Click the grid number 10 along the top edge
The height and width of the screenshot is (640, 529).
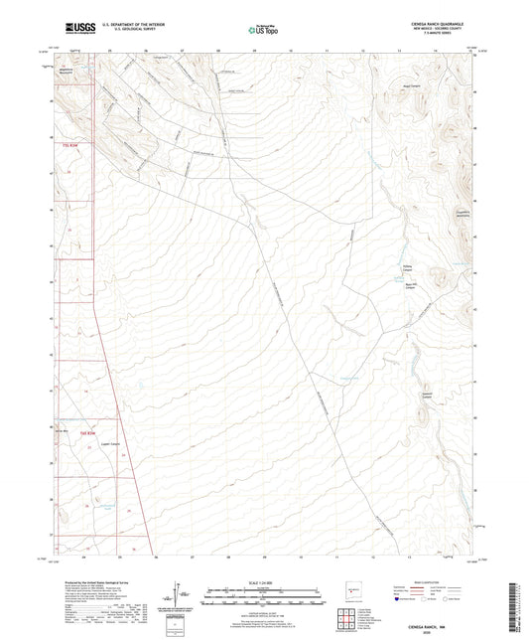(292, 48)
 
